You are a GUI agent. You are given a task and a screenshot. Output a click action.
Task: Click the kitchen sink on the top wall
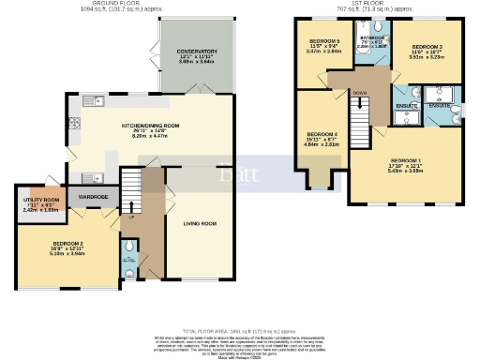coord(91,99)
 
